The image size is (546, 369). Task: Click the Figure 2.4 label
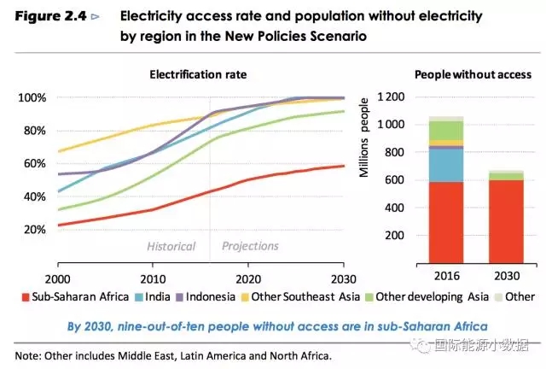pyautogui.click(x=51, y=16)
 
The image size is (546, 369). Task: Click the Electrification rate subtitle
pyautogui.click(x=198, y=74)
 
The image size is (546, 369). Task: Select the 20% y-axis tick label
pyautogui.click(x=34, y=230)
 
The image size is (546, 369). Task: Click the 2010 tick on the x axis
pyautogui.click(x=154, y=278)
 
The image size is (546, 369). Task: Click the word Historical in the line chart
pyautogui.click(x=171, y=246)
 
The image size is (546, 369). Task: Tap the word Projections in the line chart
pyautogui.click(x=250, y=246)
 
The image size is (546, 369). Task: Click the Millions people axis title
pyautogui.click(x=363, y=137)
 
